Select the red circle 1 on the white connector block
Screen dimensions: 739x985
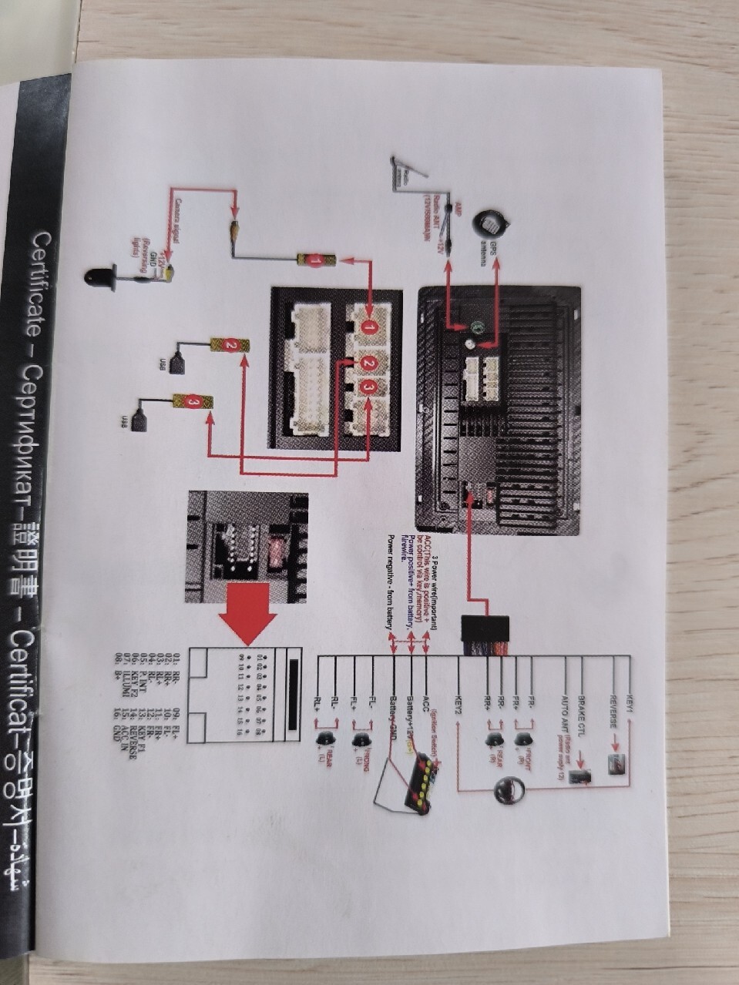tap(370, 327)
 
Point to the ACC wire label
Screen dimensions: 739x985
tap(426, 702)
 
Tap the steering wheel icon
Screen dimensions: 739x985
tap(509, 790)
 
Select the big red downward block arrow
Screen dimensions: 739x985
tap(248, 608)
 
